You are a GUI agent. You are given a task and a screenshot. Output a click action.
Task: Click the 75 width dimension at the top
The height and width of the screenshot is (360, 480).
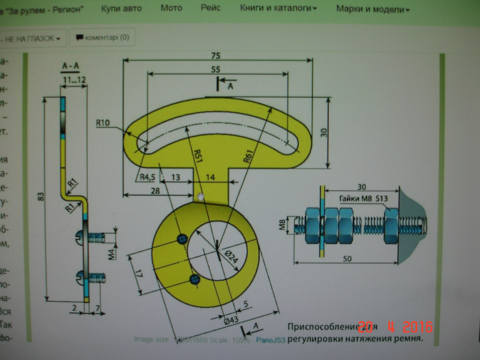pos(216,55)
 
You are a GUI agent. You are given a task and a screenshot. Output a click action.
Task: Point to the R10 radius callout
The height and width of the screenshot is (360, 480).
pos(103,122)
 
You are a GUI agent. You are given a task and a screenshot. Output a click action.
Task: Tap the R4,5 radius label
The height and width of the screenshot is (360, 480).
pos(146,176)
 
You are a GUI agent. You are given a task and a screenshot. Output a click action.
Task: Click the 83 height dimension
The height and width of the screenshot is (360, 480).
pos(40,198)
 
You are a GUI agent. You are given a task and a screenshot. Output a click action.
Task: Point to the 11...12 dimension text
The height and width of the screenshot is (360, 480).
pos(73,79)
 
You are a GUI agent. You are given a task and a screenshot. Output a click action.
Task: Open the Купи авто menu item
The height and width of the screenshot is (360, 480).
pos(121,8)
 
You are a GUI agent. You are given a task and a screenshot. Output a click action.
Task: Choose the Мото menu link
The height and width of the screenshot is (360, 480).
pos(171,8)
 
